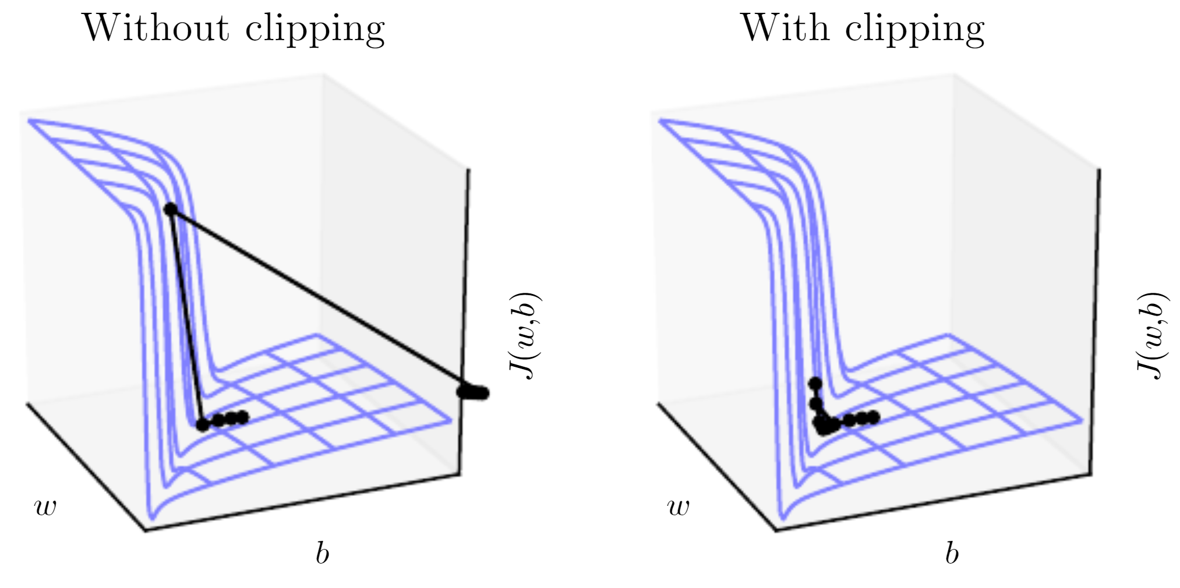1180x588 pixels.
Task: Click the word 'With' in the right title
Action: (784, 27)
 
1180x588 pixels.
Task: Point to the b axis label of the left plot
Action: (322, 552)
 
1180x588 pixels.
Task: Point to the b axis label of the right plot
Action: (952, 552)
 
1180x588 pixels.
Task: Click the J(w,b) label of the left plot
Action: (524, 336)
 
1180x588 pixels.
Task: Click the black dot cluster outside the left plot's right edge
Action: (473, 392)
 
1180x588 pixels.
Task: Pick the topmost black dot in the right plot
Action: (815, 384)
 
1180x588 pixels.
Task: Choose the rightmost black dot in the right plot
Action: (872, 417)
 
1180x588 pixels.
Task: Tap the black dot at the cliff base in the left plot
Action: (202, 425)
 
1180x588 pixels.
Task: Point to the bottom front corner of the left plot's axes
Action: (145, 530)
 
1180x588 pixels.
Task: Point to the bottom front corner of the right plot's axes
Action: (776, 530)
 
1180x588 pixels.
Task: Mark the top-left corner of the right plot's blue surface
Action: (660, 121)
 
